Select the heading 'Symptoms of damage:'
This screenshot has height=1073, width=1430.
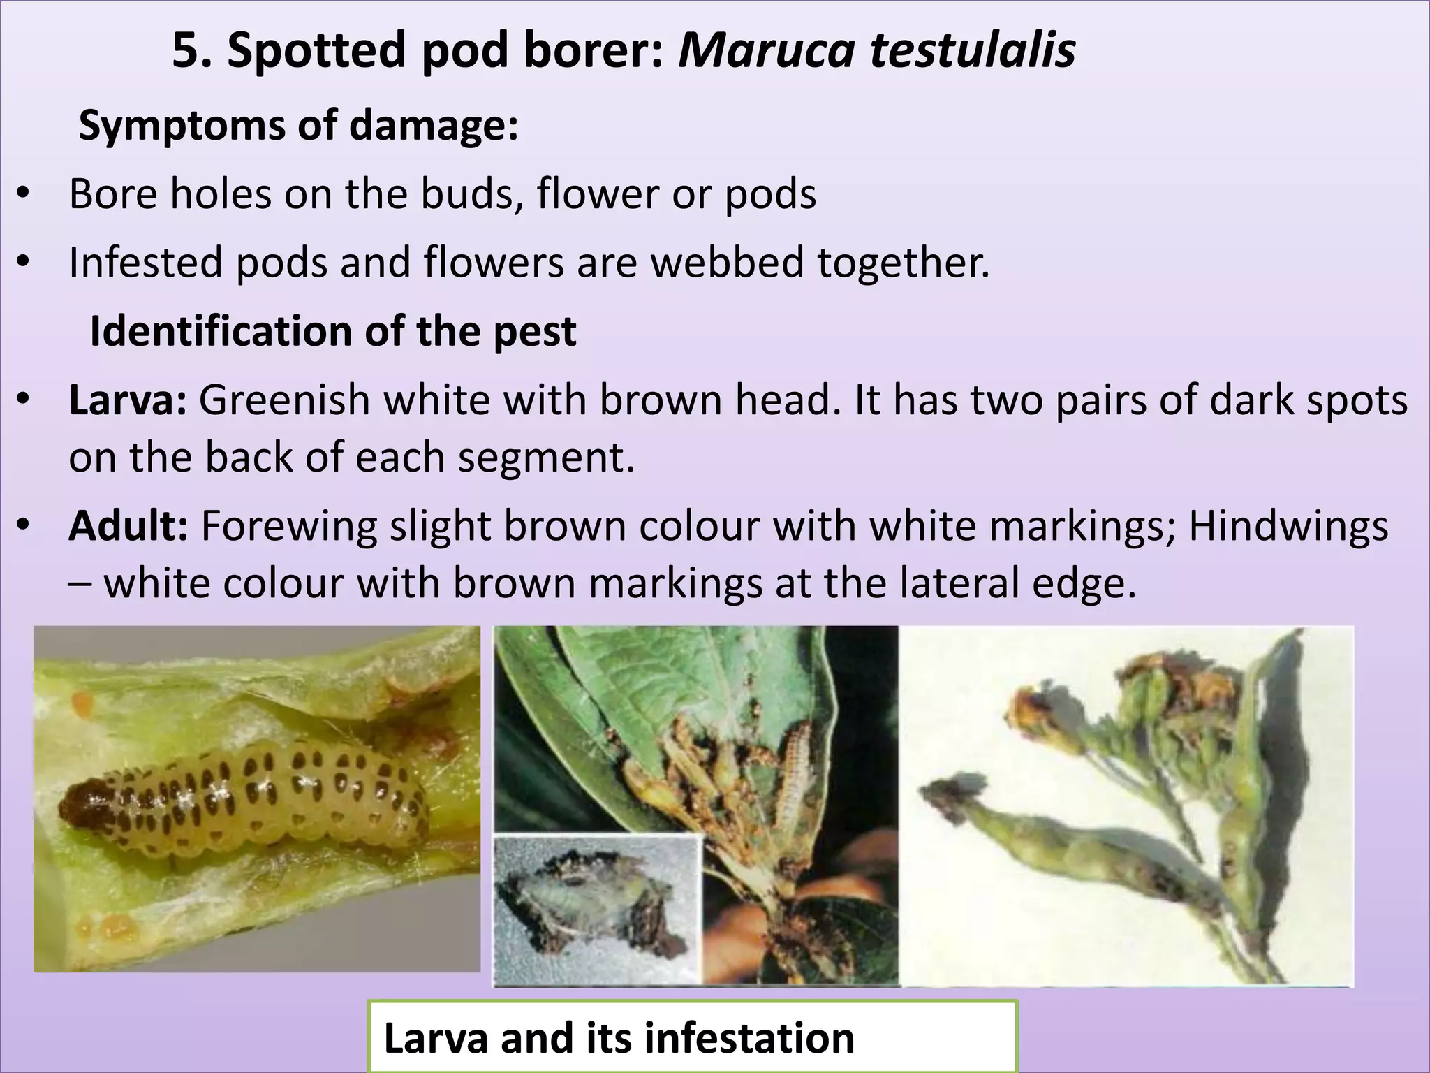point(298,126)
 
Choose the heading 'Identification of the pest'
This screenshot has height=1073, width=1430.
point(333,331)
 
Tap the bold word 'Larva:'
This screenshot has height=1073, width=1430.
point(128,400)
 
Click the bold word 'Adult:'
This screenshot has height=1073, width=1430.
point(128,525)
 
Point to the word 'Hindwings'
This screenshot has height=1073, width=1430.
point(1288,525)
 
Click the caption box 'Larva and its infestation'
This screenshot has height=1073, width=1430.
point(692,1037)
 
